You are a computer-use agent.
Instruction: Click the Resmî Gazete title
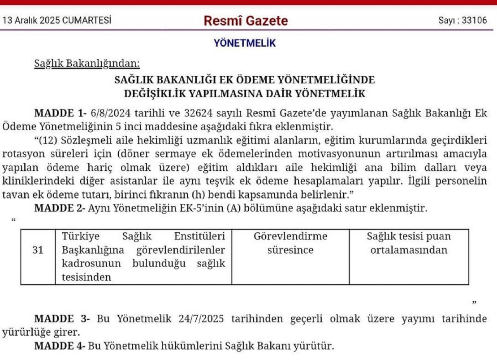click(x=246, y=21)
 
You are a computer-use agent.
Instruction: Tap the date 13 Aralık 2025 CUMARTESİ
click(x=57, y=21)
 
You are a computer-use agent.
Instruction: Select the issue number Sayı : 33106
click(x=462, y=21)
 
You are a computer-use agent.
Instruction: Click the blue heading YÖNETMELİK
click(x=245, y=43)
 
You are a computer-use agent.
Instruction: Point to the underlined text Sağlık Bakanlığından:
click(x=87, y=63)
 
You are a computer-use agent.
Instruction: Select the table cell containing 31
click(x=38, y=250)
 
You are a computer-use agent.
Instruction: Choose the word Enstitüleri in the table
click(x=199, y=236)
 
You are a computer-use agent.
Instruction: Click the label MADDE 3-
click(x=62, y=319)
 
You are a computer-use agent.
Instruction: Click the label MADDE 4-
click(x=61, y=346)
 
